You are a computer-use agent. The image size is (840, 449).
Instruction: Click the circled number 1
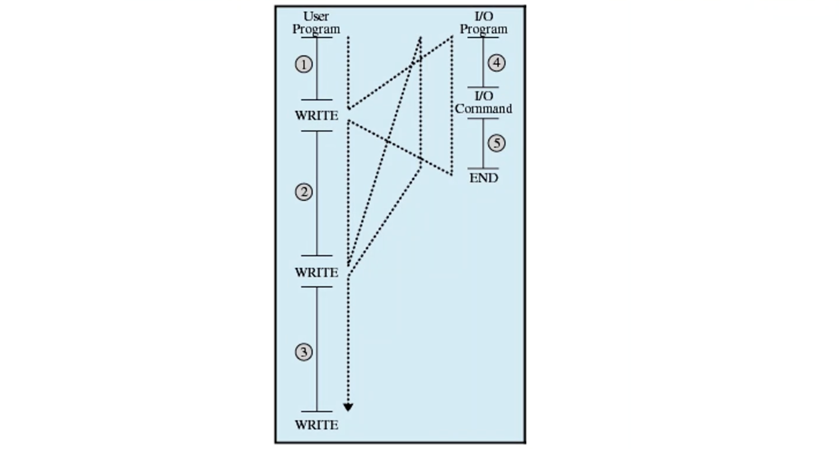click(304, 65)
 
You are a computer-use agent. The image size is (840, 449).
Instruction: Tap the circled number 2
click(304, 192)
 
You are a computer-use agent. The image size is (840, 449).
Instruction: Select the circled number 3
click(304, 352)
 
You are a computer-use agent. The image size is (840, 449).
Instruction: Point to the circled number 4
click(497, 63)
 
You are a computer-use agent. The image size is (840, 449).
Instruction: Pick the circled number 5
click(497, 143)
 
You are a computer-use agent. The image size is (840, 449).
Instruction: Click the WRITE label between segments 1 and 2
click(317, 115)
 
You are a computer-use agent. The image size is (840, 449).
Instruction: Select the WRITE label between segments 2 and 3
click(317, 272)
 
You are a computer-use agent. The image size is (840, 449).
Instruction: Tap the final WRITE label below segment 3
click(317, 425)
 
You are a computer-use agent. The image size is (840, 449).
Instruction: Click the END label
click(483, 178)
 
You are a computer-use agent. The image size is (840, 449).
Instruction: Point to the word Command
click(483, 109)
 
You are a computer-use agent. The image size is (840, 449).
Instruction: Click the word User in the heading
click(316, 16)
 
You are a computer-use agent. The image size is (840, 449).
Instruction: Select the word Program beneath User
click(316, 29)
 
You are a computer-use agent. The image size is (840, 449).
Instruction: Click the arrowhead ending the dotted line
click(348, 407)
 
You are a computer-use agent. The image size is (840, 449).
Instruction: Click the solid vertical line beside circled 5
click(483, 143)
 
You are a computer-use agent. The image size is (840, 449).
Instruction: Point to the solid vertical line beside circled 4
click(483, 62)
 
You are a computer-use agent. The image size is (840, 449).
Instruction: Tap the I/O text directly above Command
click(483, 96)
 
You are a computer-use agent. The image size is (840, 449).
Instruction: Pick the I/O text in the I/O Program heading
click(483, 16)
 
